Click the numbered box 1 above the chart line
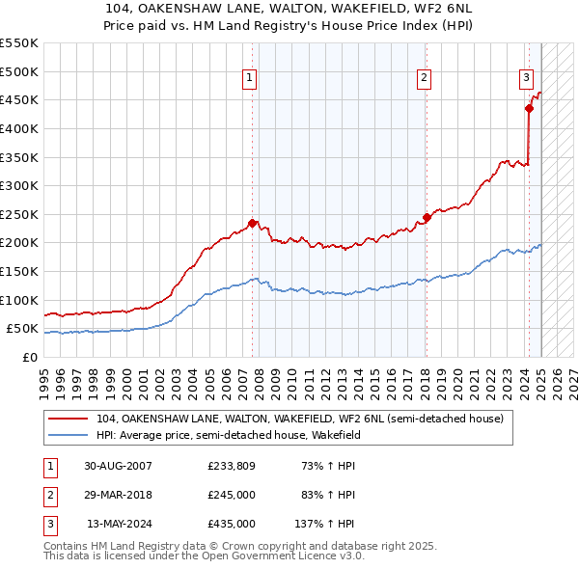tap(249, 78)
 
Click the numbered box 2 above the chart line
tap(424, 78)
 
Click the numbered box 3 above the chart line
tap(526, 78)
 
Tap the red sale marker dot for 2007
tap(253, 223)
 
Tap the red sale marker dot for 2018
tap(427, 217)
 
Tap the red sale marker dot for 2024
tap(529, 109)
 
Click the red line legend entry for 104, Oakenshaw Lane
tap(299, 419)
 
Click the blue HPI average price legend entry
tap(267, 436)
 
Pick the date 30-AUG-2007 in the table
tap(118, 466)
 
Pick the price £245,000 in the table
tap(231, 495)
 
